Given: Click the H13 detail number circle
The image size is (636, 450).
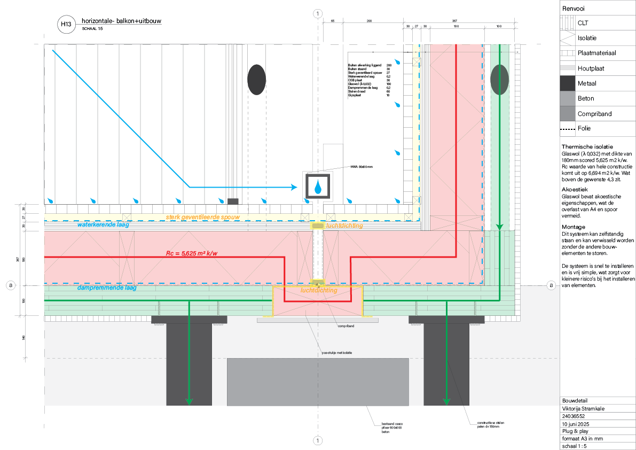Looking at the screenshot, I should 66,24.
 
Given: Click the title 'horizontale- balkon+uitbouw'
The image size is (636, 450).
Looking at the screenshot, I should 121,21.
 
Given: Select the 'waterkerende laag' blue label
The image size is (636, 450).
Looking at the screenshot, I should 103,225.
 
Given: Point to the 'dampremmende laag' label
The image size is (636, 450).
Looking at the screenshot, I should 107,288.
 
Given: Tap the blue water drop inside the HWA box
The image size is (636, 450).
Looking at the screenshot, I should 318,187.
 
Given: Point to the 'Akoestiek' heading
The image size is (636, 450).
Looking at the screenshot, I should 576,189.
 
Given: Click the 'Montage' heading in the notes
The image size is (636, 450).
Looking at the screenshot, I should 574,227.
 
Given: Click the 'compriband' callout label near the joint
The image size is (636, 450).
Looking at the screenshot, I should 347,325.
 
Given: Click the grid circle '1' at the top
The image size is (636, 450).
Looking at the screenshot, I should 318,13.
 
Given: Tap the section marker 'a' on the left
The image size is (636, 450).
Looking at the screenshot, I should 10,285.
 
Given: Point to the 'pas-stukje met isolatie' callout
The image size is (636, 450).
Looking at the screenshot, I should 336,352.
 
